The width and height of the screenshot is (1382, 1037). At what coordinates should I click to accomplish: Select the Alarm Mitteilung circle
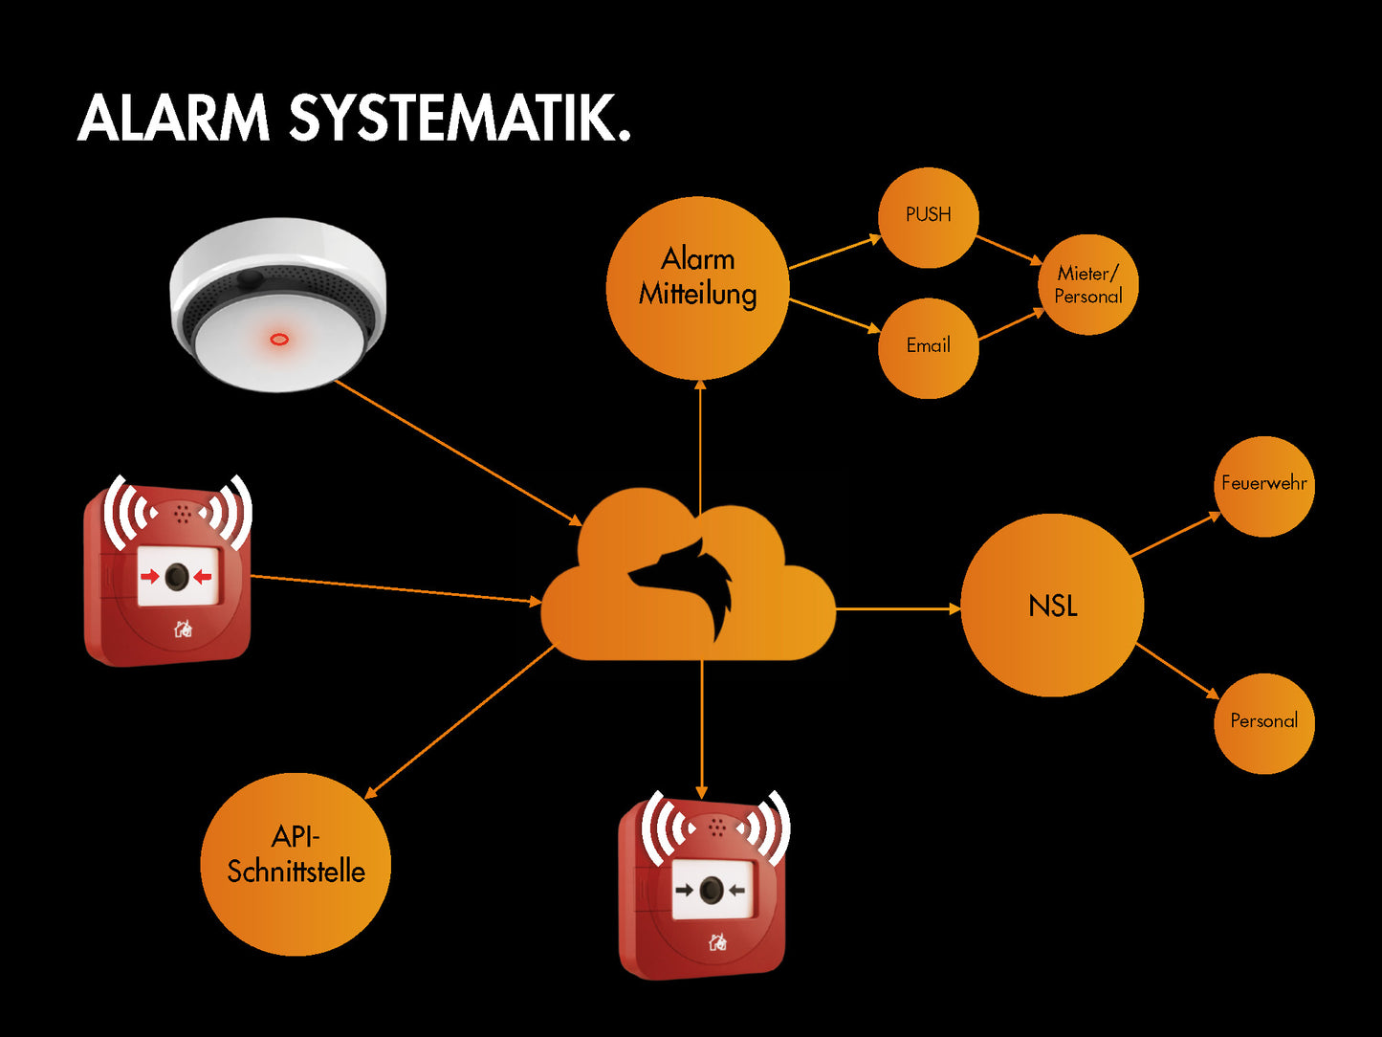697,288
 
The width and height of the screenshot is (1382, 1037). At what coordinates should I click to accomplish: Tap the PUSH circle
928,217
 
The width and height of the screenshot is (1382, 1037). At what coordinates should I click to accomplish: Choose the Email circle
928,347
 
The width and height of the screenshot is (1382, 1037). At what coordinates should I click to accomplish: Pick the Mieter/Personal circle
1088,285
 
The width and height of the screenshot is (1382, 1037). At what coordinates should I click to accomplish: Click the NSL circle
1052,606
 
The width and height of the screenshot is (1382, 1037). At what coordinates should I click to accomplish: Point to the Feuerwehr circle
1263,486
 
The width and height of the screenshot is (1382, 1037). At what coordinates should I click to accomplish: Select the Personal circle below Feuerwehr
1263,723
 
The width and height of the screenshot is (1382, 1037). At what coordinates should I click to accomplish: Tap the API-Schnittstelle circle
296,864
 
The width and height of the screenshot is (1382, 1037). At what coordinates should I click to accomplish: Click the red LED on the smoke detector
279,339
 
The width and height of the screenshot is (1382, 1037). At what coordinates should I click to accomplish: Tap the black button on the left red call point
177,577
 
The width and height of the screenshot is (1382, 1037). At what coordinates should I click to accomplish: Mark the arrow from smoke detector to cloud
459,452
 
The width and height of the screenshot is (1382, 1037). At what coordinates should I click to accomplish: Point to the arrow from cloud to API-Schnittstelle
459,722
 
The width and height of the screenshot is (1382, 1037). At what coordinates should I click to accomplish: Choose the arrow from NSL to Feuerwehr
1175,535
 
